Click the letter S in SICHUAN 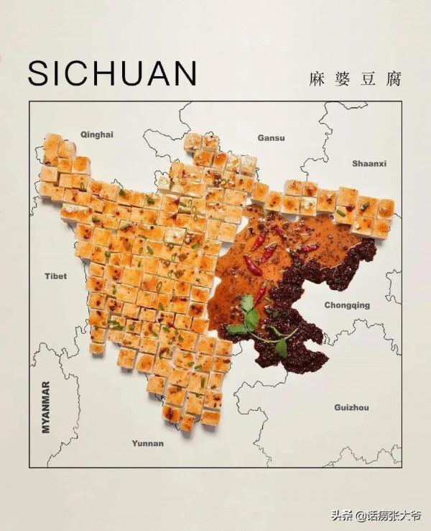[x=40, y=73]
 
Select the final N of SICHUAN [x=184, y=73]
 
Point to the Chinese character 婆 [x=342, y=78]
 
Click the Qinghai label [x=97, y=135]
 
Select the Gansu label [x=271, y=137]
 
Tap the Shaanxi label [x=369, y=164]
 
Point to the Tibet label [x=55, y=276]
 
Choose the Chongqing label [x=346, y=305]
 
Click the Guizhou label [x=351, y=408]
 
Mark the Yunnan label [x=147, y=443]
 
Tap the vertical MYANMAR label [x=46, y=407]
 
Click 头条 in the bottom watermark [x=343, y=515]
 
